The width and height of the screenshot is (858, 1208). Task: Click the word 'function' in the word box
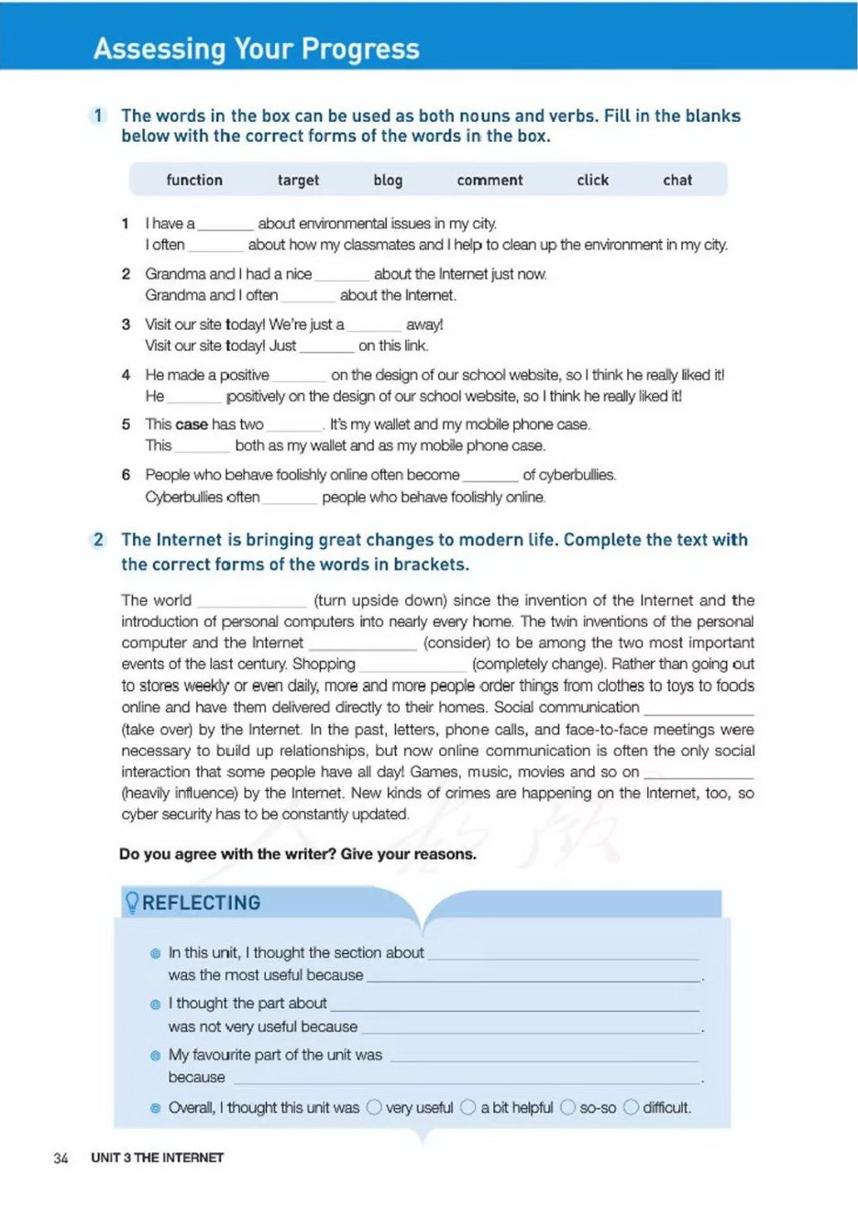click(x=194, y=181)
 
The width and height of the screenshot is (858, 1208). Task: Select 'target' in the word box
click(x=298, y=181)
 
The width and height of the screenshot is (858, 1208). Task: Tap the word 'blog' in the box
click(x=388, y=181)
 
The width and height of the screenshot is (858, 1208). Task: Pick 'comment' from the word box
click(x=489, y=181)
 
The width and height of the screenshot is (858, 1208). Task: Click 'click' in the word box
click(x=592, y=181)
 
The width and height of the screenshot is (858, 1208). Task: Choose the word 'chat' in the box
click(x=677, y=181)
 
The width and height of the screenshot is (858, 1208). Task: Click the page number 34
click(x=60, y=1158)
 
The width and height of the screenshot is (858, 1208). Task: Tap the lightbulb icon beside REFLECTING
click(x=132, y=902)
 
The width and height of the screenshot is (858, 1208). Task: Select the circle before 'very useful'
click(x=374, y=1107)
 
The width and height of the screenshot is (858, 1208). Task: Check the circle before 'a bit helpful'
click(x=468, y=1107)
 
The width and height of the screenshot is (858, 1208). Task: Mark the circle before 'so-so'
click(x=567, y=1107)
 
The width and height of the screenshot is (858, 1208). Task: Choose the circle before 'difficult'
click(x=631, y=1107)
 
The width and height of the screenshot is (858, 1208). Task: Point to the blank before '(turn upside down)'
click(x=252, y=601)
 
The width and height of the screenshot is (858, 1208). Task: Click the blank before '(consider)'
click(x=363, y=643)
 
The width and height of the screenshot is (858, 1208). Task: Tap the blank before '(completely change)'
click(x=413, y=664)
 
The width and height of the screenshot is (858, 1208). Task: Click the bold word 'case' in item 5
click(x=192, y=424)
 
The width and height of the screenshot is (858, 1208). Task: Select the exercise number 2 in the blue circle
click(x=98, y=540)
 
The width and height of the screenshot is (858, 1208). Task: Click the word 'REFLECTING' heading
click(x=201, y=903)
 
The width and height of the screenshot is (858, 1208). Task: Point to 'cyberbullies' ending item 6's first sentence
click(x=577, y=475)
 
